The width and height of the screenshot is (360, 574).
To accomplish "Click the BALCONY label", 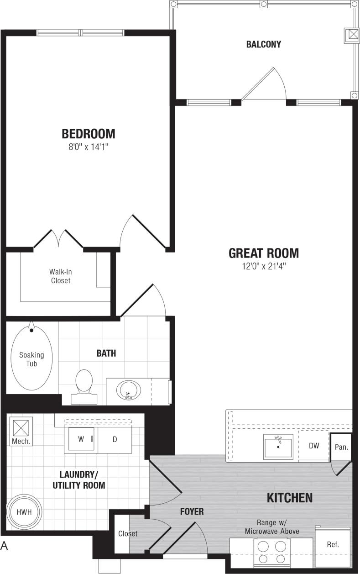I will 263,44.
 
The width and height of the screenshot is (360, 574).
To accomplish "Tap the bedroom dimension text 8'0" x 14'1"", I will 89,147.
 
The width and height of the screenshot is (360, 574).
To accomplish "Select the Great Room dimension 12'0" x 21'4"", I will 264,266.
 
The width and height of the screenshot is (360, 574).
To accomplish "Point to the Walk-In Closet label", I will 61,276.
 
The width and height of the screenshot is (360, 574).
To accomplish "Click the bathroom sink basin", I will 129,390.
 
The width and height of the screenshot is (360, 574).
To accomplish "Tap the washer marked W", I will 81,439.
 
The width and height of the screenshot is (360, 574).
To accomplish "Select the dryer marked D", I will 115,439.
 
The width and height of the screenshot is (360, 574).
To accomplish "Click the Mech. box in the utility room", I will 21,432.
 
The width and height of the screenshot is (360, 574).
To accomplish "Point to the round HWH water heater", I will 24,512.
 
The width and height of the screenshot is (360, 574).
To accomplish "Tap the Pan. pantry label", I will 341,447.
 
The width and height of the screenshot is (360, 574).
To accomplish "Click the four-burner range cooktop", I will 272,552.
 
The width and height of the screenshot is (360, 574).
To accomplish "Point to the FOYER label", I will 192,511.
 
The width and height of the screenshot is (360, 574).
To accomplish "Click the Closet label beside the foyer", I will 128,533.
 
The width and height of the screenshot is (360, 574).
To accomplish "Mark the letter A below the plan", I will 5,545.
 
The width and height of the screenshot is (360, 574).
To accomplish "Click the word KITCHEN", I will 289,497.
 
